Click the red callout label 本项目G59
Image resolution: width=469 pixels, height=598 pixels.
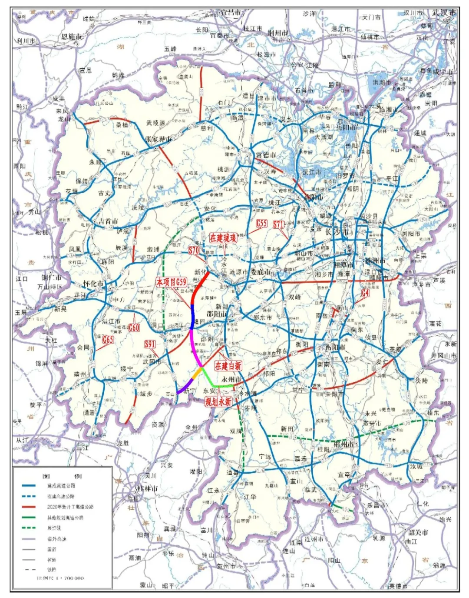(x=171, y=282)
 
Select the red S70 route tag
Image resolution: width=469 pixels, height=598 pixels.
(x=194, y=251)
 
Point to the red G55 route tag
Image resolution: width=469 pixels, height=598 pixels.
(x=261, y=224)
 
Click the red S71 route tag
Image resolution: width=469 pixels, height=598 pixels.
(x=278, y=225)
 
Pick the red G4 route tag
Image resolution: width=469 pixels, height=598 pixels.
(x=365, y=293)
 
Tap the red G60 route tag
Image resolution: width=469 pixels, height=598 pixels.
(x=134, y=327)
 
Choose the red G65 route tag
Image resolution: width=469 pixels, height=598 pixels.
(x=107, y=340)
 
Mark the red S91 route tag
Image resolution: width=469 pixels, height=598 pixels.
(x=150, y=344)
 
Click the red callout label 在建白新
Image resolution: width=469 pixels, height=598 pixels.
(x=228, y=366)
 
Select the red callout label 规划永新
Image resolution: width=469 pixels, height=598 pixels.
(x=218, y=402)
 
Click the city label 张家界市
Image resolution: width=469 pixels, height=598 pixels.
(x=158, y=139)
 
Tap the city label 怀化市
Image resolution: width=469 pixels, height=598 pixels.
(x=93, y=284)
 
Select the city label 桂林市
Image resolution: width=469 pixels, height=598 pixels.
(x=147, y=489)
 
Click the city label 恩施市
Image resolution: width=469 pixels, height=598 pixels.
(x=71, y=37)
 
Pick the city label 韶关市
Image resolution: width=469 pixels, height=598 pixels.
(x=418, y=532)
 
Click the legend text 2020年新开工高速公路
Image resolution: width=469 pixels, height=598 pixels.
(x=70, y=507)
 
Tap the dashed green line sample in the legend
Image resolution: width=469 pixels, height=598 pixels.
(x=29, y=528)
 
